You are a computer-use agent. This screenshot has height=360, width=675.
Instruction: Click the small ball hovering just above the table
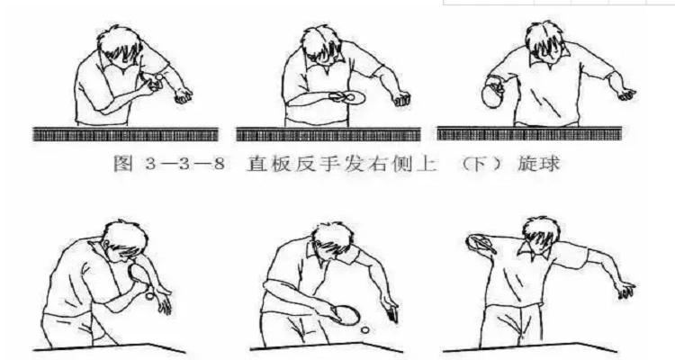[x=364, y=330]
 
